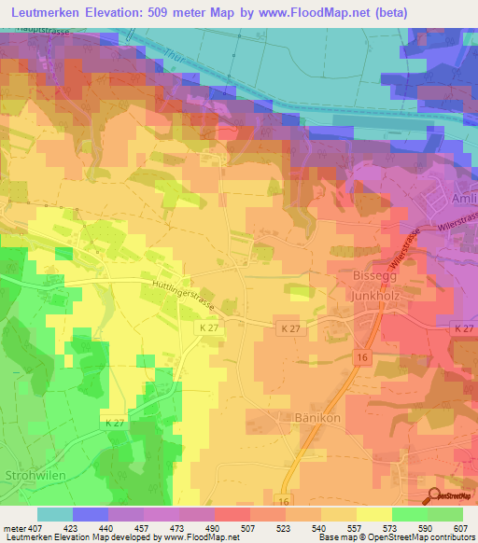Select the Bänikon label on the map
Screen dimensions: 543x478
pyautogui.click(x=301, y=417)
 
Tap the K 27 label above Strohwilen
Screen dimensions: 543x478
pyautogui.click(x=114, y=423)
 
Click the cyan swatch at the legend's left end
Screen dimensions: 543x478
pyautogui.click(x=55, y=514)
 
